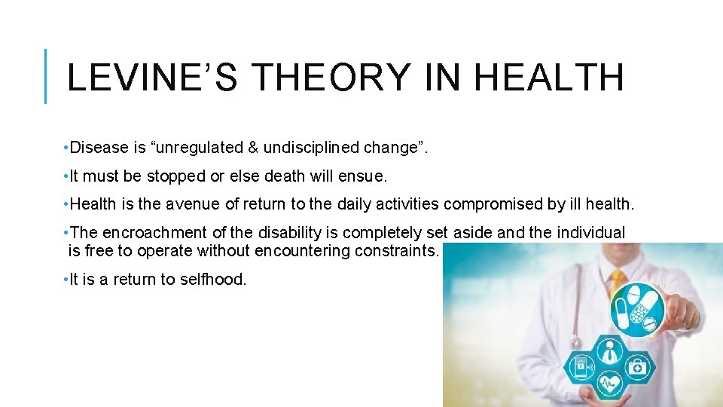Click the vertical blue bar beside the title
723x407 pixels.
point(46,75)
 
